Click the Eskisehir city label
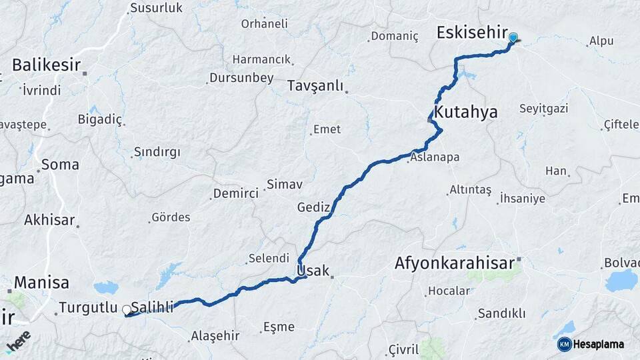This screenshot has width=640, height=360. click(x=471, y=33)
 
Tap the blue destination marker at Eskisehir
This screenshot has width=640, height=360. click(x=513, y=39)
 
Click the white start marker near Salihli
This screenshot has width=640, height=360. click(x=127, y=310)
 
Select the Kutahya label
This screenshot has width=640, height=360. click(x=465, y=112)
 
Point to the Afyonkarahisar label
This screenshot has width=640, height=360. click(x=455, y=263)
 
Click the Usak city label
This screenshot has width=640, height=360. click(x=313, y=271)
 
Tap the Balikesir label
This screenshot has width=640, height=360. click(x=46, y=65)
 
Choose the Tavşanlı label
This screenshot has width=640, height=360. click(x=315, y=86)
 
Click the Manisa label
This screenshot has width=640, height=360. click(x=41, y=282)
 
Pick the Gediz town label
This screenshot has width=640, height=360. click(x=314, y=207)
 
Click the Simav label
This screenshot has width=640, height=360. click(x=285, y=183)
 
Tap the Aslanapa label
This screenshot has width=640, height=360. click(x=435, y=158)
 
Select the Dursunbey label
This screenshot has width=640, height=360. click(x=241, y=78)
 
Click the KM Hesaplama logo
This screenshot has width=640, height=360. click(x=591, y=344)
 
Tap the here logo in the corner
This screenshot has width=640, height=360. click(x=18, y=341)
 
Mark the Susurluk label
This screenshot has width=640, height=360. click(x=156, y=8)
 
